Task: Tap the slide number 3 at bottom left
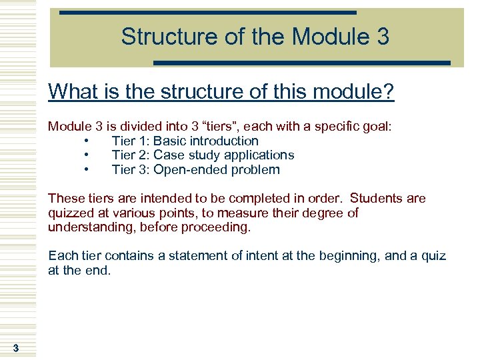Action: [15, 348]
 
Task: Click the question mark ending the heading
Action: [389, 91]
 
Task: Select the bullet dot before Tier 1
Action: [87, 141]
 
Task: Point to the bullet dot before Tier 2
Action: [87, 155]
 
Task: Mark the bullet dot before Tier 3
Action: [87, 169]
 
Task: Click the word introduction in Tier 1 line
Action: [224, 141]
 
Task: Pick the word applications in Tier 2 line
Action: [261, 155]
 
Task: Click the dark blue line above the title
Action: [207, 13]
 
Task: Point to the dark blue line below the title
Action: [302, 63]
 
